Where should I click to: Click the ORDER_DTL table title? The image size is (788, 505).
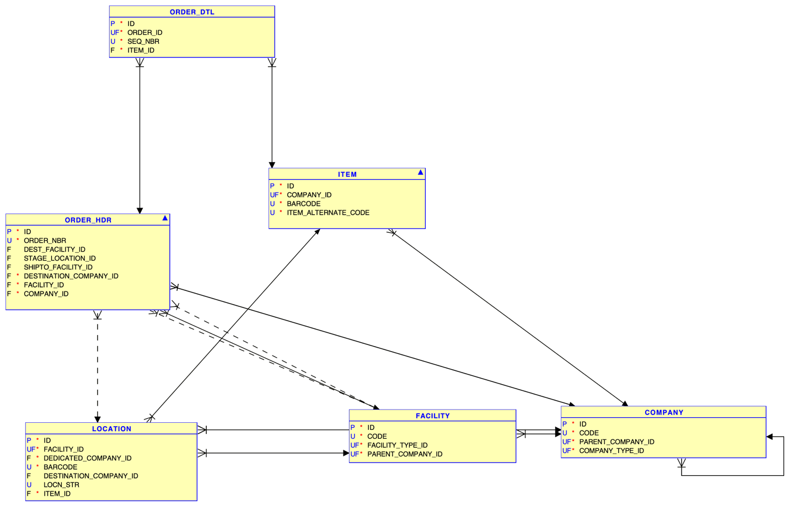coord(192,12)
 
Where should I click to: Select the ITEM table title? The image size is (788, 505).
coord(347,174)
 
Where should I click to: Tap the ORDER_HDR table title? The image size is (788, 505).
coord(88,220)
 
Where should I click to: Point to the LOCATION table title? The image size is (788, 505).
coord(111,429)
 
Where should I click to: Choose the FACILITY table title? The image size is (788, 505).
coord(432,416)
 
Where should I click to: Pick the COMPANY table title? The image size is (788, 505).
coord(663,412)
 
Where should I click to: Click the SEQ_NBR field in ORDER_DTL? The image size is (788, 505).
coord(143,41)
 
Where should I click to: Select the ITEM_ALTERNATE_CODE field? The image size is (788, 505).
coord(328,212)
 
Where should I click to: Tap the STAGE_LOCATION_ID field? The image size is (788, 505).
coord(60,258)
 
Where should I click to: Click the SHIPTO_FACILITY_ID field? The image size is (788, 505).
coord(58,267)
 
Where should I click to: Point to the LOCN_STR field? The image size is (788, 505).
coord(61,485)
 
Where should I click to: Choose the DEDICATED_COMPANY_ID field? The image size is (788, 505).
coord(87,458)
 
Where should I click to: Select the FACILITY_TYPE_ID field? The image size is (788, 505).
coord(397,445)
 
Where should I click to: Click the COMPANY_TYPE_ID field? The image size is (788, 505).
coord(611,451)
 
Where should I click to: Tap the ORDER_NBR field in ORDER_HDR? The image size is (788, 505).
coord(45,241)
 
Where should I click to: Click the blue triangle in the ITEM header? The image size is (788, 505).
coord(420,173)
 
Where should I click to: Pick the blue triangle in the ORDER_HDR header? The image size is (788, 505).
coord(165,219)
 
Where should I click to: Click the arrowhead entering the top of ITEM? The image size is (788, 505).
coord(272,165)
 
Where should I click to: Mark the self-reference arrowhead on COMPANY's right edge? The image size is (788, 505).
coord(770,437)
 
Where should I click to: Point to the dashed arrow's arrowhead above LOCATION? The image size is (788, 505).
coord(98,419)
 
